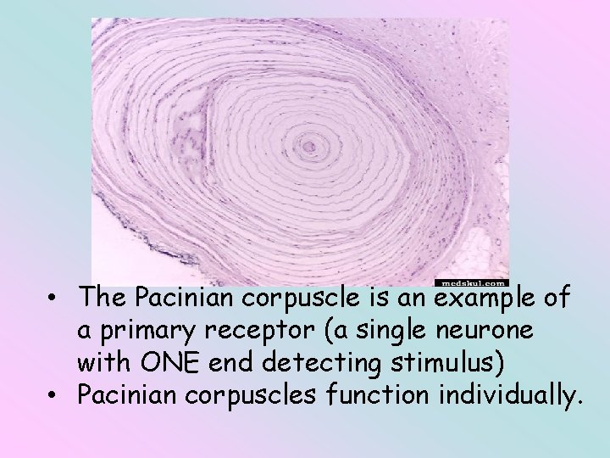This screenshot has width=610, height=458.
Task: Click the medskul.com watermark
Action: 471,282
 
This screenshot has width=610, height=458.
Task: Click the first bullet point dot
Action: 53,299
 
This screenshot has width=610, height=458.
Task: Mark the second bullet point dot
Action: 53,396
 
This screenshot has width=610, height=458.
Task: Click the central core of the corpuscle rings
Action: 309,148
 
